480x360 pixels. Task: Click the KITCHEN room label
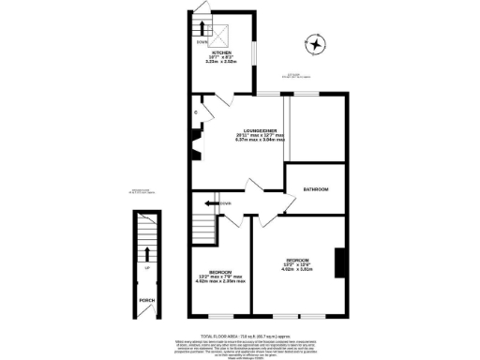point(221,52)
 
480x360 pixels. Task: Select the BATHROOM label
point(315,190)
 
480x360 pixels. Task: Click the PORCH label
point(146,301)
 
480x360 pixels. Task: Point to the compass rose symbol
point(316,43)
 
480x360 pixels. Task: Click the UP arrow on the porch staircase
point(146,253)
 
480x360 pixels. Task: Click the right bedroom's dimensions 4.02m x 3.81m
point(298,268)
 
